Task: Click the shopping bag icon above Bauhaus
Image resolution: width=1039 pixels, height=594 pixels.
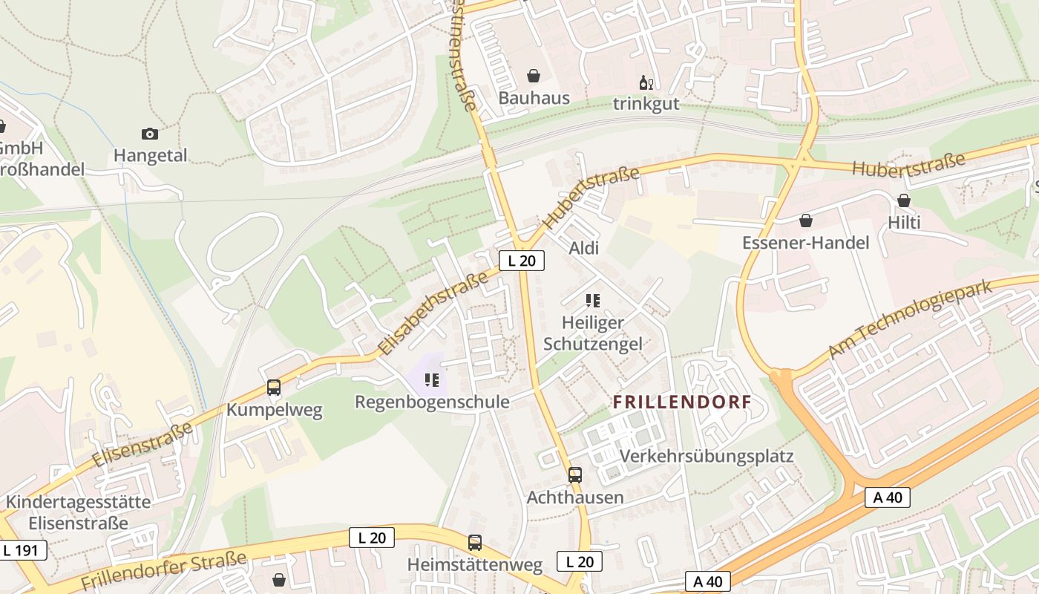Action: tap(533, 76)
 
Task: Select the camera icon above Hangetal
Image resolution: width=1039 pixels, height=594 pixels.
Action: tap(150, 134)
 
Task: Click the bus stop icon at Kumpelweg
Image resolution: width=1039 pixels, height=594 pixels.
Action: tap(274, 388)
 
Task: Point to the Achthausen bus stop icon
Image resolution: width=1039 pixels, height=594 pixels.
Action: tap(575, 475)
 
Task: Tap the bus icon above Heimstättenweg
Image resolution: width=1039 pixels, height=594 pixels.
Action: tap(474, 543)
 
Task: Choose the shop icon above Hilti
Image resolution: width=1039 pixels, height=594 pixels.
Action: tap(904, 200)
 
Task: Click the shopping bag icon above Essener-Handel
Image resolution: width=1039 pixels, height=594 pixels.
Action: tap(806, 221)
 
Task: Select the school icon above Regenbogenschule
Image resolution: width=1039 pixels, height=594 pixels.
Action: tap(432, 381)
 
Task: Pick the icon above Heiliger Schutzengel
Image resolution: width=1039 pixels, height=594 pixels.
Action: tap(592, 301)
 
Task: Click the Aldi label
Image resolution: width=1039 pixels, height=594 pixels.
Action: tap(583, 248)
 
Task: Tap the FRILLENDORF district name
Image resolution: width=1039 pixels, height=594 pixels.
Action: tap(682, 402)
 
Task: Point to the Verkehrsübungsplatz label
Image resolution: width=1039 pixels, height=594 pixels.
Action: tap(707, 456)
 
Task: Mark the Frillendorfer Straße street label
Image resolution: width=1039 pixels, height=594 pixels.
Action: tap(163, 572)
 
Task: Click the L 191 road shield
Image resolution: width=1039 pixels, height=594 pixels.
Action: tap(23, 550)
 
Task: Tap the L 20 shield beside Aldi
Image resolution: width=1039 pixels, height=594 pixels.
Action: tap(522, 261)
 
